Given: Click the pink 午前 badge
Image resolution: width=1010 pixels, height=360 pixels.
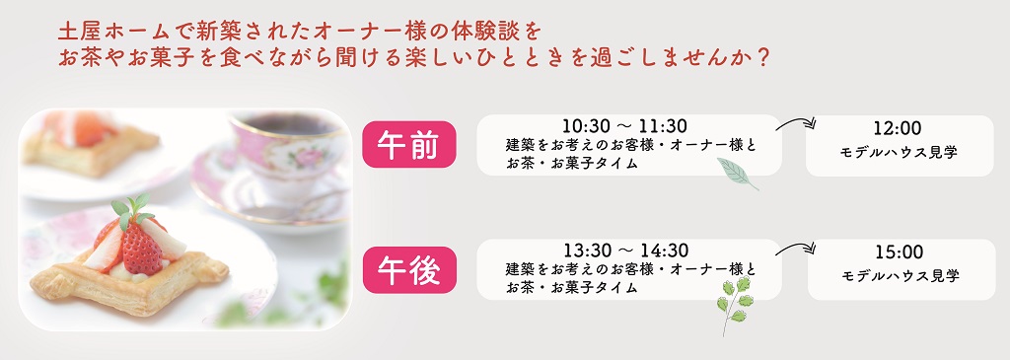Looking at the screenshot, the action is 409,144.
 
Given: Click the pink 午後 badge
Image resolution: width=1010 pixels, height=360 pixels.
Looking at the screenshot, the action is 409,270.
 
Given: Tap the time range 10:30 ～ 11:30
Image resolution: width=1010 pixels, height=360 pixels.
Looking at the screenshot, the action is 624,125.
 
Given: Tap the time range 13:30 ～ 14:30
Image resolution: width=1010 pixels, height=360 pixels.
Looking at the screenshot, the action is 626,250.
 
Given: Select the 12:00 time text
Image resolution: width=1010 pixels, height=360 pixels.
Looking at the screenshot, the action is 898,128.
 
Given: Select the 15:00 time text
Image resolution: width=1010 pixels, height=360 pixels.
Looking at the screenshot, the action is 900,252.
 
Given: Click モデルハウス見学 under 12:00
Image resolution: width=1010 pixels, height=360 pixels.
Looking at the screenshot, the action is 900,153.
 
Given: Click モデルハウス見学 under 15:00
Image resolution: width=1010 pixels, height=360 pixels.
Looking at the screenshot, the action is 901,276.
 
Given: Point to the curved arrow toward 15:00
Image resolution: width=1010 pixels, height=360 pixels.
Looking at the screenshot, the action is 796,246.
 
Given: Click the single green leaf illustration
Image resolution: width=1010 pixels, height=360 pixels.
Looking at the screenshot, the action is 737,174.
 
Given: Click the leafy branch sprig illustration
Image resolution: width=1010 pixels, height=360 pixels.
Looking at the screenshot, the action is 733,307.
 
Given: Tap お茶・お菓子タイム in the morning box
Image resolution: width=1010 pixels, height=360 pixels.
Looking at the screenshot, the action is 572,164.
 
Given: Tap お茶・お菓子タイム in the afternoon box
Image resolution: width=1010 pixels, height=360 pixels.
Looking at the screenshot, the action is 572,287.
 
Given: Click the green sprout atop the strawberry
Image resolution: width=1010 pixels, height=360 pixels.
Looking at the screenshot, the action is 131,209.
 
